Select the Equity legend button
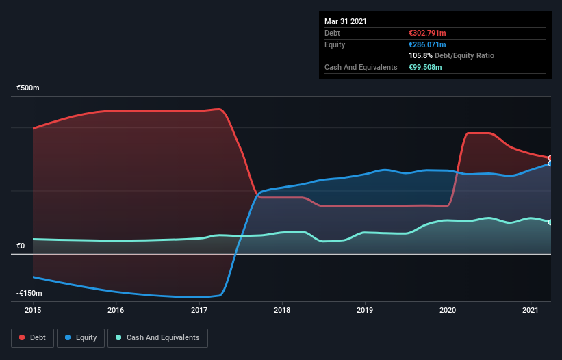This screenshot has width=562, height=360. tap(81, 337)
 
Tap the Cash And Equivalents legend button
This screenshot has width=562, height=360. tap(157, 337)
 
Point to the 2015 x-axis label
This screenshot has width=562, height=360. tap(33, 310)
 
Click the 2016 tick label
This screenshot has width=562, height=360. tap(116, 310)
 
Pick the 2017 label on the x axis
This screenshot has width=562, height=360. tap(199, 310)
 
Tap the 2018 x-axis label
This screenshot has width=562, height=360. tap(282, 310)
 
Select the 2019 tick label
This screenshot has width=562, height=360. tap(365, 310)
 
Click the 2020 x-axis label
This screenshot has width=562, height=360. tap(448, 310)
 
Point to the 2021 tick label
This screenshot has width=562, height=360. tap(531, 310)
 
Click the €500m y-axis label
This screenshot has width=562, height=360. tap(28, 88)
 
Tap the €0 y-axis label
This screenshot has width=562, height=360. tap(21, 246)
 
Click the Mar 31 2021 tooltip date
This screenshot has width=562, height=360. tap(345, 21)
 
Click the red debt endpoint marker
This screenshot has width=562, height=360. tap(550, 158)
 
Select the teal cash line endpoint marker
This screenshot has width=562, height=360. tap(550, 222)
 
